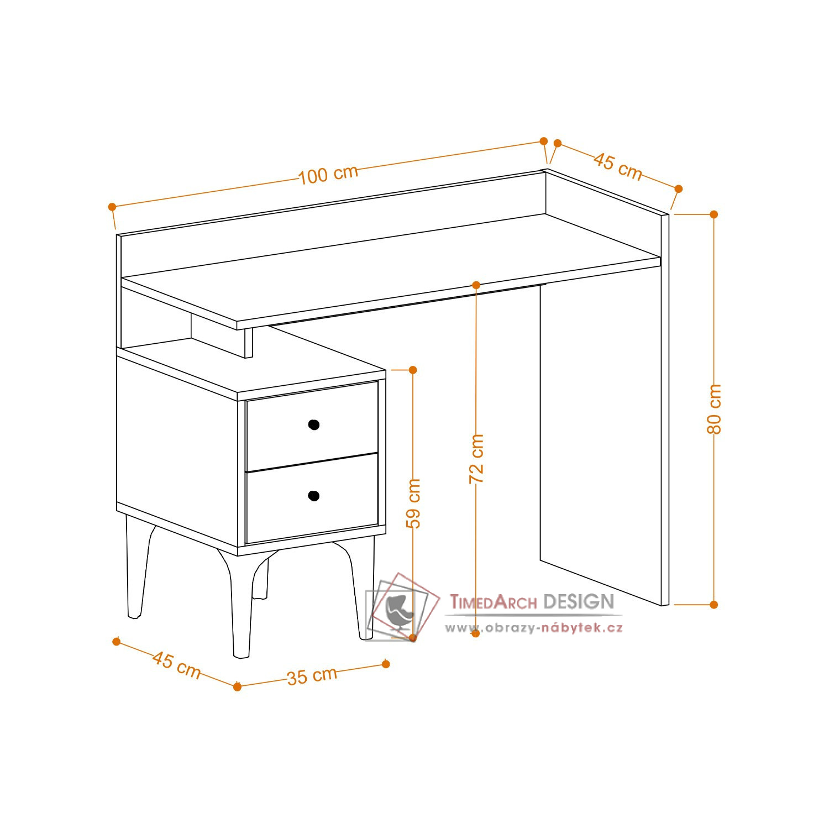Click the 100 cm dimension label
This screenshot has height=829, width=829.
(x=328, y=174)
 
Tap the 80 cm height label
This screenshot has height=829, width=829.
(x=714, y=409)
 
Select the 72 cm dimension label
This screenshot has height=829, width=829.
(x=476, y=459)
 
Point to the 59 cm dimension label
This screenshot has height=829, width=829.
(x=413, y=503)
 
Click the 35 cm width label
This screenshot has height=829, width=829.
(x=312, y=675)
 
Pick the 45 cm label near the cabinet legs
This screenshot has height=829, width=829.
(x=176, y=665)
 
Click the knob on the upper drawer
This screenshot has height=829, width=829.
(x=314, y=424)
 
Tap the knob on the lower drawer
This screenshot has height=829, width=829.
(x=314, y=496)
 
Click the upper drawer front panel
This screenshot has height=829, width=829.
(x=312, y=426)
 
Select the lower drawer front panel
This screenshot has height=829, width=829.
(x=312, y=497)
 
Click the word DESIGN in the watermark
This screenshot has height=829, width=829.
(x=579, y=601)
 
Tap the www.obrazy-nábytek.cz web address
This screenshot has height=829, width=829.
(x=534, y=628)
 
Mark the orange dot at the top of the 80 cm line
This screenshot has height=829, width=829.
(x=713, y=214)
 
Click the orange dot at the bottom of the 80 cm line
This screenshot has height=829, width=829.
(x=713, y=605)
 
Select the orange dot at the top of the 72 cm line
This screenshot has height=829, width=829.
(x=476, y=285)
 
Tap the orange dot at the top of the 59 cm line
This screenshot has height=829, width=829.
(x=413, y=369)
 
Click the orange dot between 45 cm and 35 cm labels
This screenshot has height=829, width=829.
(x=237, y=686)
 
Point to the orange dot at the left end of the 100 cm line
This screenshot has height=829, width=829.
(x=112, y=207)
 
